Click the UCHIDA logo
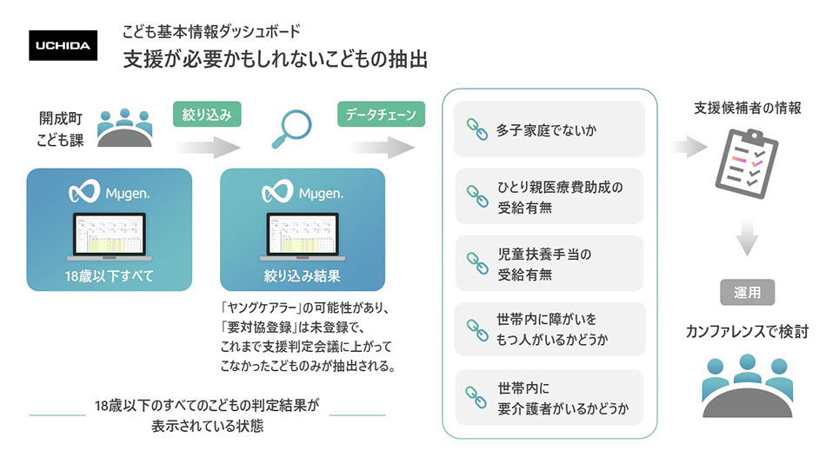pos(63,45)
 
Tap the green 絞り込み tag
pos(207,115)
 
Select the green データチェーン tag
pos(381,115)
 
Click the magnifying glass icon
pos(291,129)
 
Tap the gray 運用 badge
pos(747,292)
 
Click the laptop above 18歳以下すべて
pos(109,236)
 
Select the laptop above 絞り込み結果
pos(303,236)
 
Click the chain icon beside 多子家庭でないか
pos(476,129)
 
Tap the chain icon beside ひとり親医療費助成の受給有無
pos(477,196)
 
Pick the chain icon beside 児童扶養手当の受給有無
pos(477,263)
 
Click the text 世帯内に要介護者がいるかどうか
pos(563,398)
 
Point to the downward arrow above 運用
pos(747,238)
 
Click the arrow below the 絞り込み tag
pos(208,148)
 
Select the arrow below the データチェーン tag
pos(383,148)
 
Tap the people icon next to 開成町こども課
pos(125,128)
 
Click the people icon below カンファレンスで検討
pos(748,386)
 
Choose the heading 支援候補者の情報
pos(748,108)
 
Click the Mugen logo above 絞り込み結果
pos(303,192)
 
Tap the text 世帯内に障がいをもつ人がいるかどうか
pos(551,329)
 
